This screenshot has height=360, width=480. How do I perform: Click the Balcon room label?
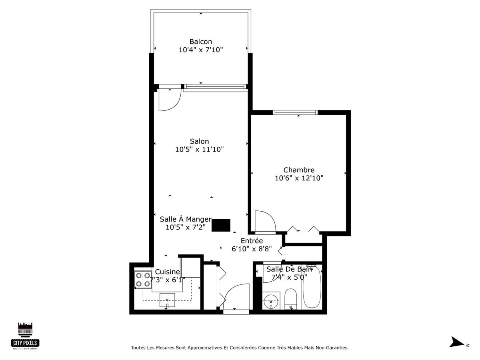pos(200,42)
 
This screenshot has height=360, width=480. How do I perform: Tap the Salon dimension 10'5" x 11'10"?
pos(199,150)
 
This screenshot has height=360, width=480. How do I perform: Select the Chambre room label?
pos(299,170)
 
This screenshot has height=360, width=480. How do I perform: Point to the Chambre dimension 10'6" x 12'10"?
pos(299,178)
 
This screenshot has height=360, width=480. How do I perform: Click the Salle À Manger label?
pos(185,219)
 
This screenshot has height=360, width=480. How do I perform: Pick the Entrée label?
pos(252,241)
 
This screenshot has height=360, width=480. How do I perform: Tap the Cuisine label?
pos(167,272)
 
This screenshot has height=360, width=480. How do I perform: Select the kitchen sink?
pos(167,300)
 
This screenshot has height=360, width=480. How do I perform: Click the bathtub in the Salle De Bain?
pos(312,286)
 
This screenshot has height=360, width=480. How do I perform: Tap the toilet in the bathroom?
pos(291,300)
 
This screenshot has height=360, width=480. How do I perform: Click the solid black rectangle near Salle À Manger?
pos(221,225)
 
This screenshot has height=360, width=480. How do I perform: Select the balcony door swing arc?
pos(168,100)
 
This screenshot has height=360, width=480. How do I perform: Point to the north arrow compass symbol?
pos(457,342)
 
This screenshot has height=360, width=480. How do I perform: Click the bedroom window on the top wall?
pos(295,112)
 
